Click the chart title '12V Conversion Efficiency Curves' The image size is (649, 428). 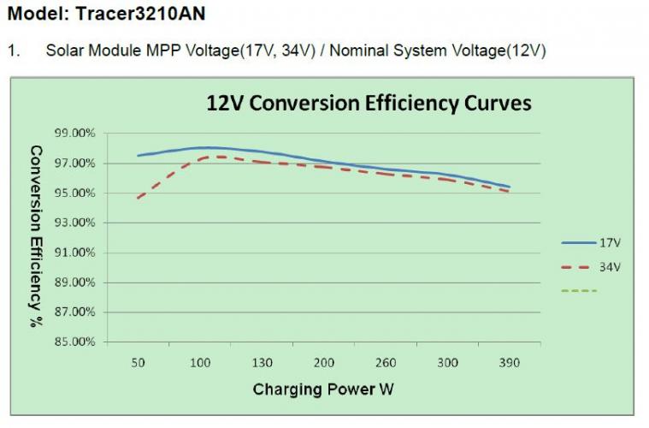point(369,104)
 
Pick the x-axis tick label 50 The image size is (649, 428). point(138,363)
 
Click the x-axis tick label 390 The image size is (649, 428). point(510,363)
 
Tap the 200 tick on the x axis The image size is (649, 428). point(324,363)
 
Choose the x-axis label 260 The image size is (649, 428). point(386,363)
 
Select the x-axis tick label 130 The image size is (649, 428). point(262,363)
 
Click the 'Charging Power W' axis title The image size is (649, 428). point(323,389)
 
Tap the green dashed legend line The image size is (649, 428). point(579,291)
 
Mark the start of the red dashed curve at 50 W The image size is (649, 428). point(139,198)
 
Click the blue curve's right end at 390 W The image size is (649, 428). point(510,187)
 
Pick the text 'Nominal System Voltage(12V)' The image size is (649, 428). point(438,51)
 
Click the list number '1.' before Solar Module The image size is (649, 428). point(14,51)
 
